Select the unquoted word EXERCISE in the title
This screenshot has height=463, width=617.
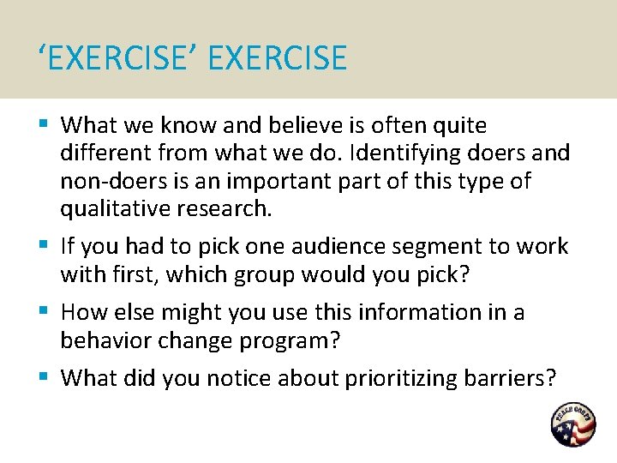(x=278, y=59)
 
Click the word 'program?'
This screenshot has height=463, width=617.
(x=291, y=340)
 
